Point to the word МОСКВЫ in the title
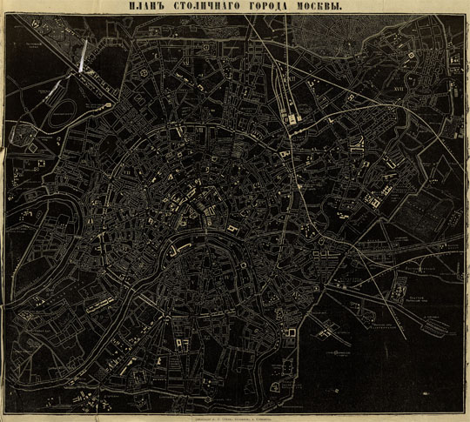point(314,7)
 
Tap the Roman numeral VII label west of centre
point(132,171)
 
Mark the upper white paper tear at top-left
point(81,57)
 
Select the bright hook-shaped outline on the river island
point(178,250)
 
